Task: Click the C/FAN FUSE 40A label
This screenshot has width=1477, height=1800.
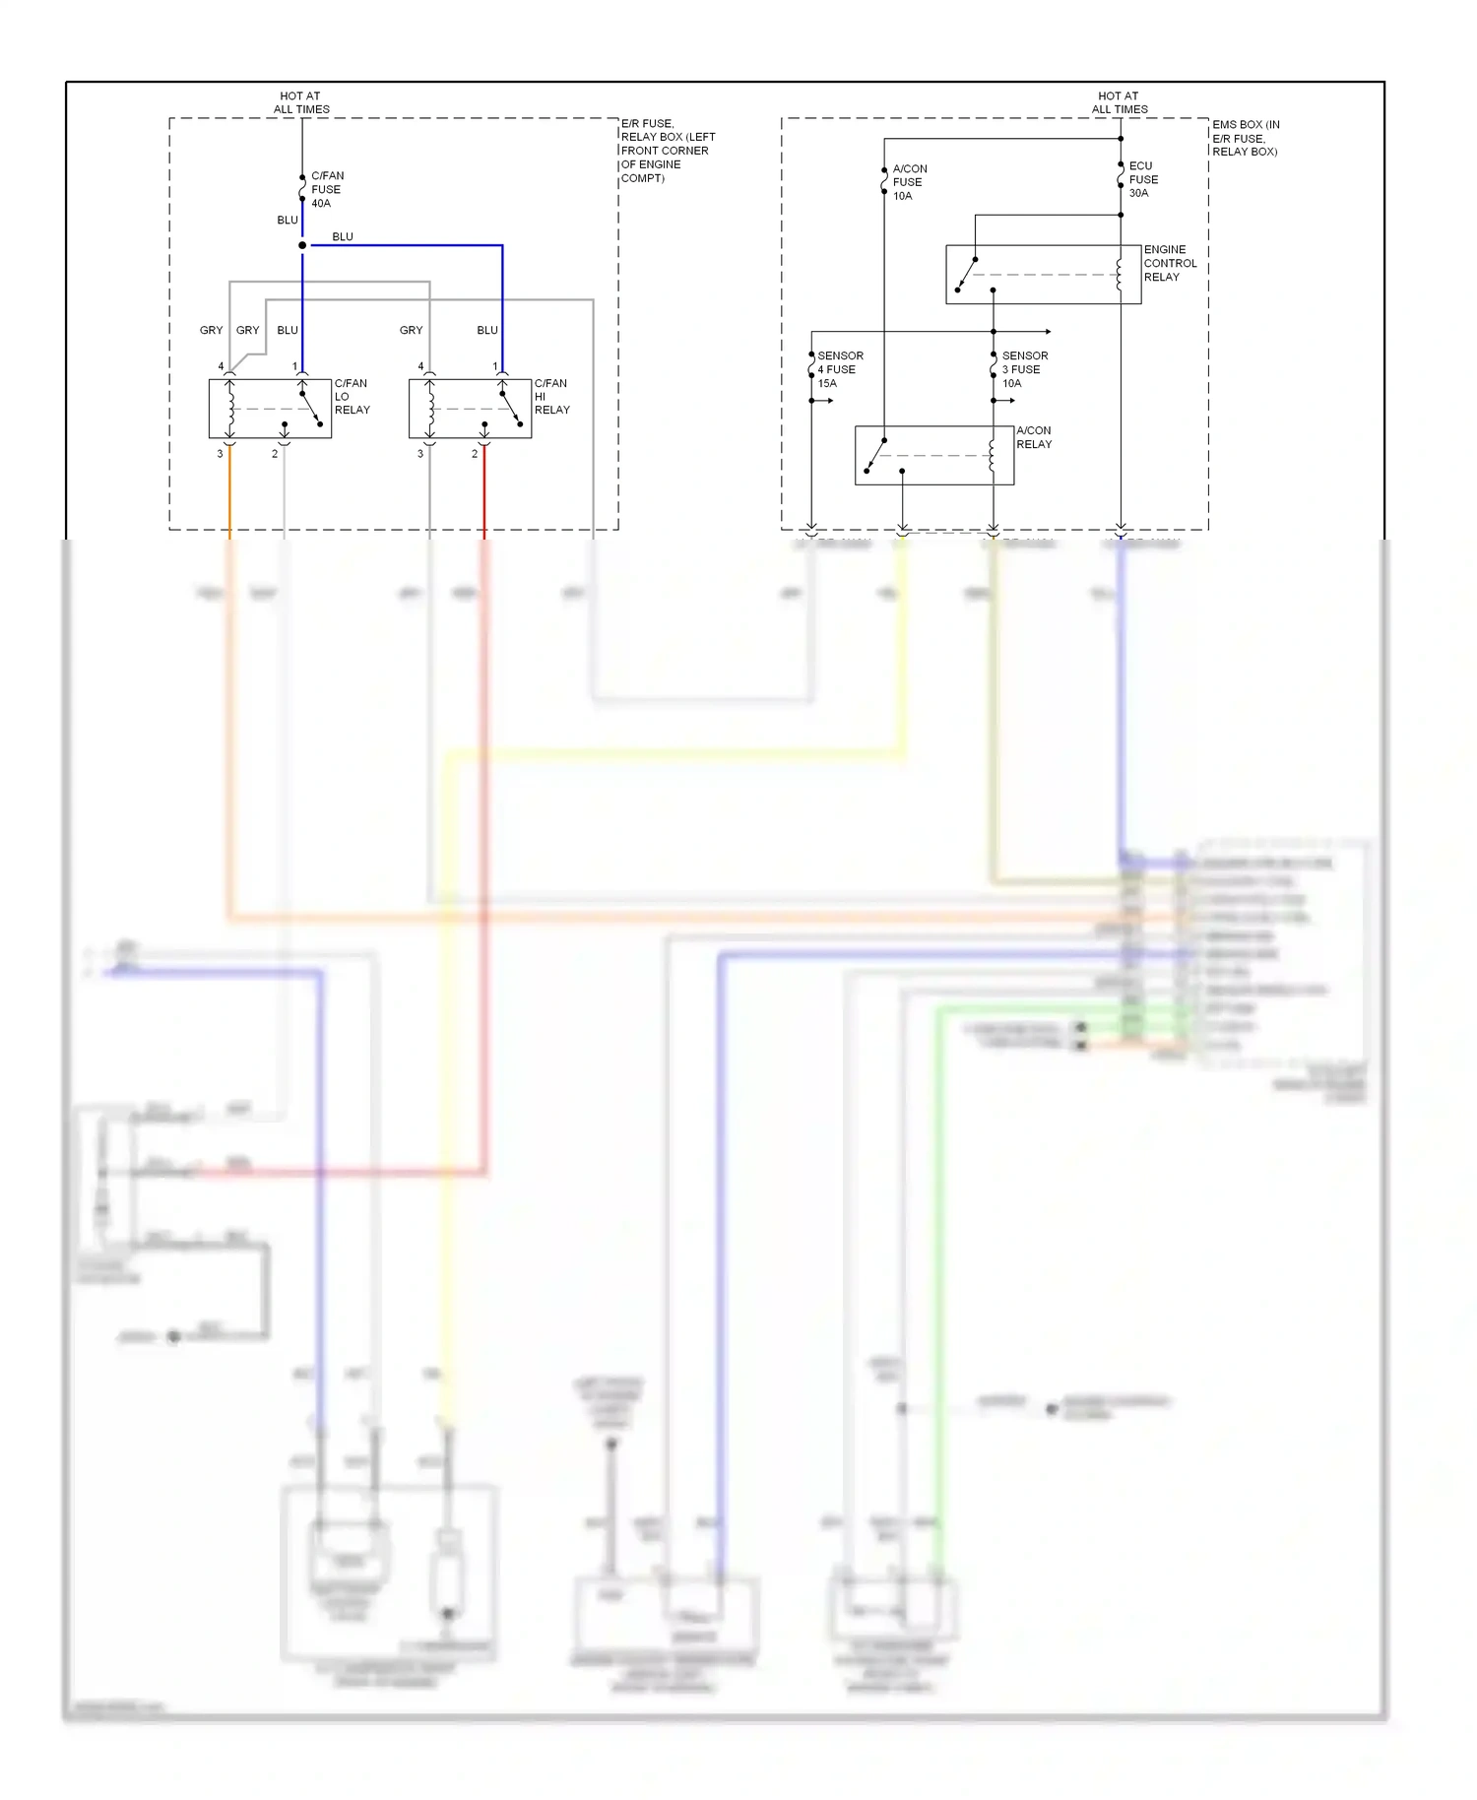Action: coord(327,189)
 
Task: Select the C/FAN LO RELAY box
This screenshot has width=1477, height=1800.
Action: coord(270,409)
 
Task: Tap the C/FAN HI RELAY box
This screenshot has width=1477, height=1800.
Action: coord(470,409)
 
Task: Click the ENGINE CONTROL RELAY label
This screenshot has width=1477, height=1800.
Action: coord(1170,263)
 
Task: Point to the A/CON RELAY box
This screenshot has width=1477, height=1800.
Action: coord(933,455)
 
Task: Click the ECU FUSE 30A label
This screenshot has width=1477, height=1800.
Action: coord(1143,179)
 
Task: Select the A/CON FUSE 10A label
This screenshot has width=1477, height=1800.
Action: coord(909,182)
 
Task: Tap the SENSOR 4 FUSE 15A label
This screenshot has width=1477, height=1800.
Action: coord(840,369)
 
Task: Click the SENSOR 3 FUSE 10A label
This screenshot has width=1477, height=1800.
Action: coord(1024,369)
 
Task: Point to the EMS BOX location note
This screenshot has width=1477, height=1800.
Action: coord(1246,138)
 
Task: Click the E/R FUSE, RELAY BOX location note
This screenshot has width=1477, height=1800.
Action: coord(667,151)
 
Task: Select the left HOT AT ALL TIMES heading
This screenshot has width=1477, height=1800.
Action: coord(301,102)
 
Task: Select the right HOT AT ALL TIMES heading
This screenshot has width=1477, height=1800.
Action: coord(1120,102)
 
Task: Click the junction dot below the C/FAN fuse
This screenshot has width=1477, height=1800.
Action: coord(302,245)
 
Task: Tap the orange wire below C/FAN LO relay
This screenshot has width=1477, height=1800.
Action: coord(229,492)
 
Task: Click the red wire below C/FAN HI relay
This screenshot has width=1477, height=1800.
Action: coord(484,492)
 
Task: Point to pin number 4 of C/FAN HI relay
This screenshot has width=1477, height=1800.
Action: coord(420,366)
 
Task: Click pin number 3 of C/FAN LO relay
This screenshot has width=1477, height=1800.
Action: coord(220,454)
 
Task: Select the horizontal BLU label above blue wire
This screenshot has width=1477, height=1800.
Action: coord(343,236)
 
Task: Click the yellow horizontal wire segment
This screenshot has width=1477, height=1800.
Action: coord(670,756)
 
